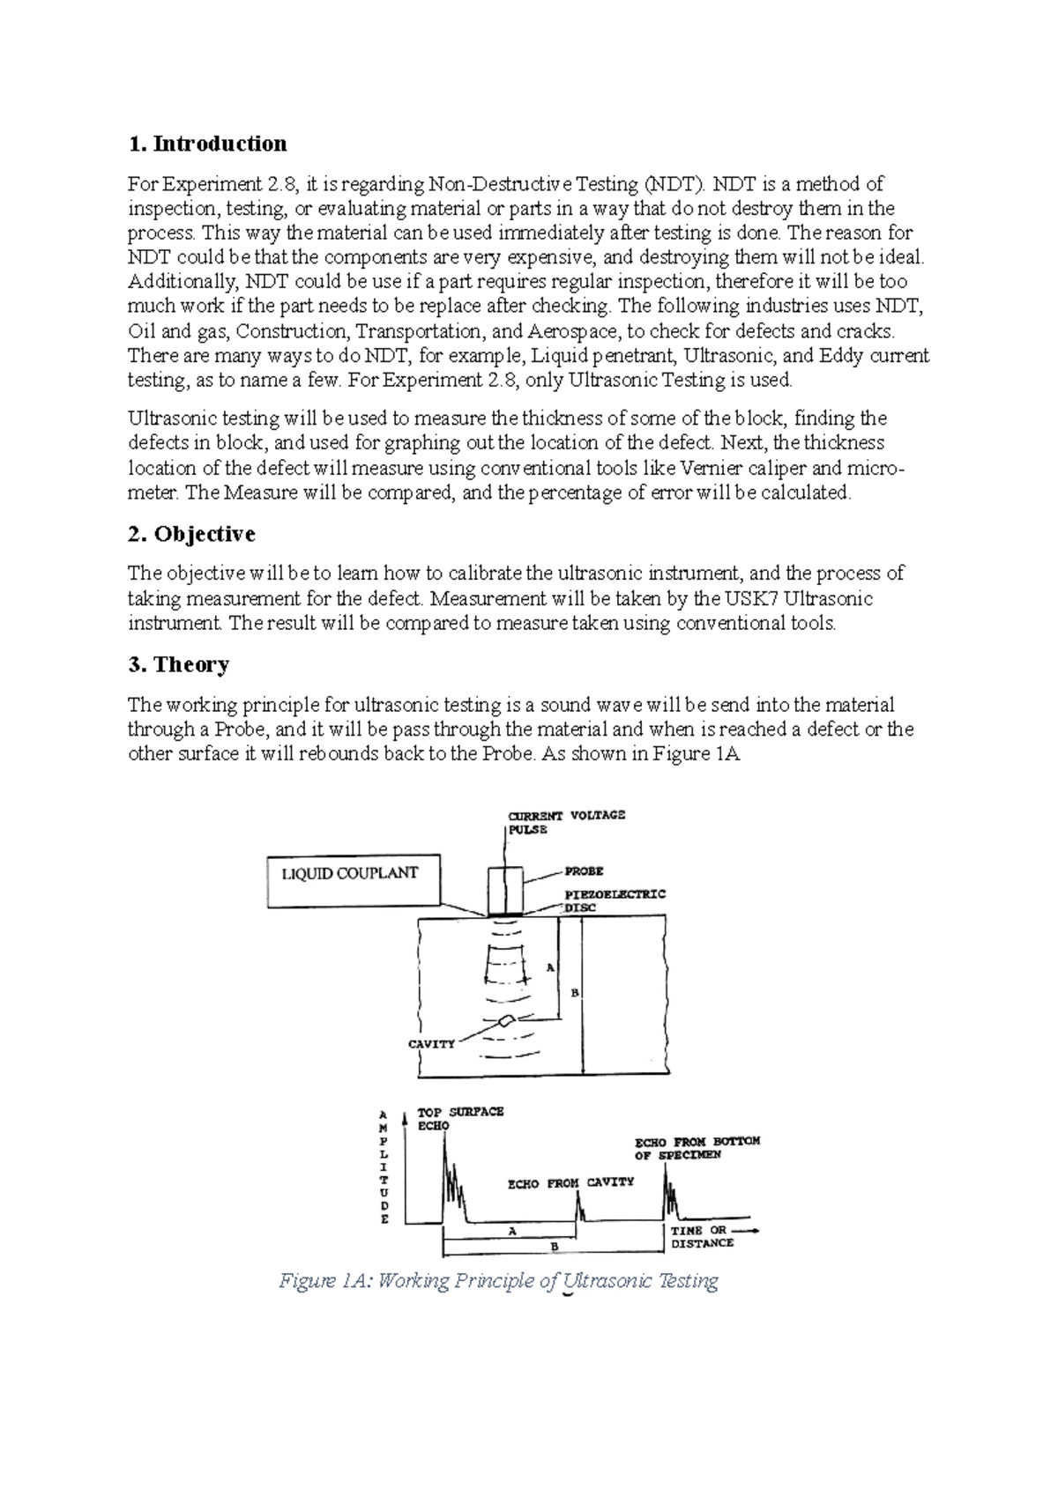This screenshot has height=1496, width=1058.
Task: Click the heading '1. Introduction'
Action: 207,144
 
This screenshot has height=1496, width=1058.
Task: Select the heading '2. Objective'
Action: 191,534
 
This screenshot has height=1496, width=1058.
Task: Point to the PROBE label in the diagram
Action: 584,871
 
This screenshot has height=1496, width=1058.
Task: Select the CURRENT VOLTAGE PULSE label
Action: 565,821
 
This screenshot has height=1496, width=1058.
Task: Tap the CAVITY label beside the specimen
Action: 431,1043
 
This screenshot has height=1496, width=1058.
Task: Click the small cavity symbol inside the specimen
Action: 507,1021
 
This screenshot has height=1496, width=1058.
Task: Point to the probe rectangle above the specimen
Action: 505,890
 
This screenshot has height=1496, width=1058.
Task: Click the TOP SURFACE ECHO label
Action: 458,1118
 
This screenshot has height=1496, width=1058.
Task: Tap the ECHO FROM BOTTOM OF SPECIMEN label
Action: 697,1147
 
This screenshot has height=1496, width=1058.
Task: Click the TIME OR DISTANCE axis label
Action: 702,1236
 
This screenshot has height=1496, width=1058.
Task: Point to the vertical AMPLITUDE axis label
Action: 384,1167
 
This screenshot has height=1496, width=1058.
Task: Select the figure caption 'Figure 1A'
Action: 498,1281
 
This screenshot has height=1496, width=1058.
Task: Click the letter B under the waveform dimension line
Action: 555,1247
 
